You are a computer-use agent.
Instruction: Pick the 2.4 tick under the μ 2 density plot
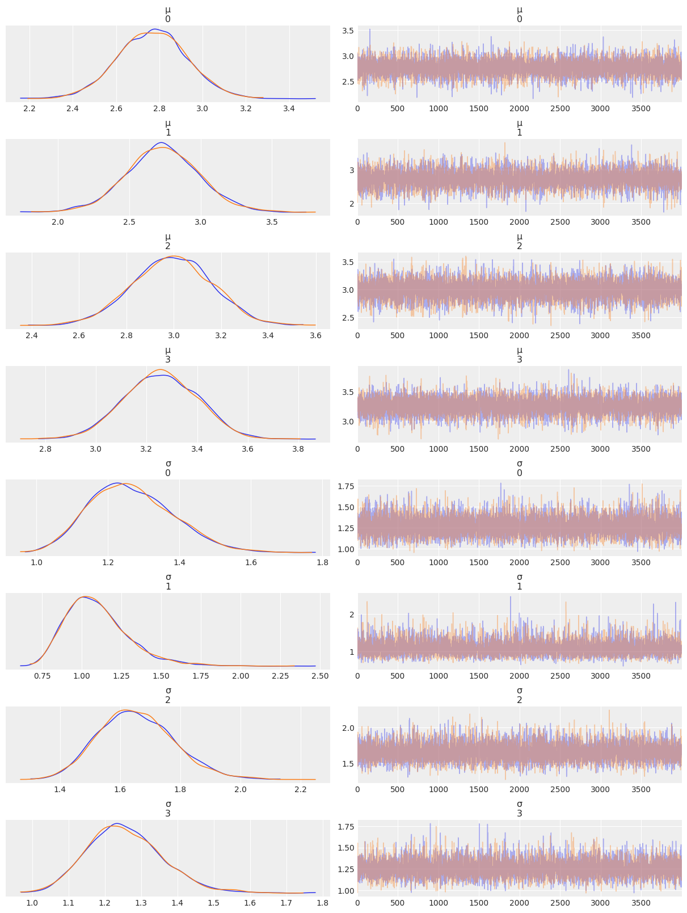coord(32,335)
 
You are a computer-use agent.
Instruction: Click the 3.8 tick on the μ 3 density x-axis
coord(299,449)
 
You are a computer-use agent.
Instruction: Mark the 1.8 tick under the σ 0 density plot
coord(322,562)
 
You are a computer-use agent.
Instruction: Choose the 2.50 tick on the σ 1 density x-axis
coord(321,676)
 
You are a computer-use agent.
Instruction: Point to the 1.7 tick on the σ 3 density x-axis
coord(286,903)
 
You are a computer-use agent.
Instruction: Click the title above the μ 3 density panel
coord(168,355)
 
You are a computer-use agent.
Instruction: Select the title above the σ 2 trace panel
coord(519,695)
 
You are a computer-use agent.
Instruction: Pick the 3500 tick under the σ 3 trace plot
coord(640,903)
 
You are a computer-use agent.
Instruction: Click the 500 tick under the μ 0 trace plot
coord(398,108)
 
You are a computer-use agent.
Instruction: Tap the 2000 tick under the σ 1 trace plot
coord(519,676)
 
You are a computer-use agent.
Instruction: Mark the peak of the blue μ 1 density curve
coord(162,142)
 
